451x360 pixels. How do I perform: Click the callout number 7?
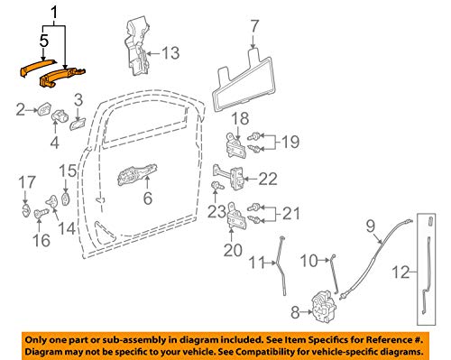pyautogui.click(x=254, y=26)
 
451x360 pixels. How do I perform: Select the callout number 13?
pyautogui.click(x=170, y=53)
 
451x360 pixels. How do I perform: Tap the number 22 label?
pyautogui.click(x=268, y=179)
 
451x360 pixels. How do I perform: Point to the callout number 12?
pyautogui.click(x=401, y=272)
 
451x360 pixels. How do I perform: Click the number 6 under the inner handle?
pyautogui.click(x=148, y=198)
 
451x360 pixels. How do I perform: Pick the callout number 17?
pyautogui.click(x=27, y=182)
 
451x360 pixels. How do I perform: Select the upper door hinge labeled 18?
pyautogui.click(x=235, y=145)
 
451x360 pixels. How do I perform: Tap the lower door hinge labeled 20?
pyautogui.click(x=236, y=216)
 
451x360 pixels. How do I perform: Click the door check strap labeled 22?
pyautogui.click(x=230, y=177)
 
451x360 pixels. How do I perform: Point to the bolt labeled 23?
pyautogui.click(x=217, y=185)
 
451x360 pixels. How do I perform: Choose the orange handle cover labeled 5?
pyautogui.click(x=36, y=68)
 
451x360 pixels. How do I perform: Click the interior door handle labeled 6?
pyautogui.click(x=137, y=175)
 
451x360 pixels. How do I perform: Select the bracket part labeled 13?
pyautogui.click(x=137, y=47)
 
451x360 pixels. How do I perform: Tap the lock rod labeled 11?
pyautogui.click(x=282, y=264)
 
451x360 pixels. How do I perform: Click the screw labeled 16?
pyautogui.click(x=40, y=213)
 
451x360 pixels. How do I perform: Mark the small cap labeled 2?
pyautogui.click(x=44, y=109)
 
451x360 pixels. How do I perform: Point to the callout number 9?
pyautogui.click(x=371, y=226)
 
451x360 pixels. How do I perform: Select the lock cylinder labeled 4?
pyautogui.click(x=60, y=116)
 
